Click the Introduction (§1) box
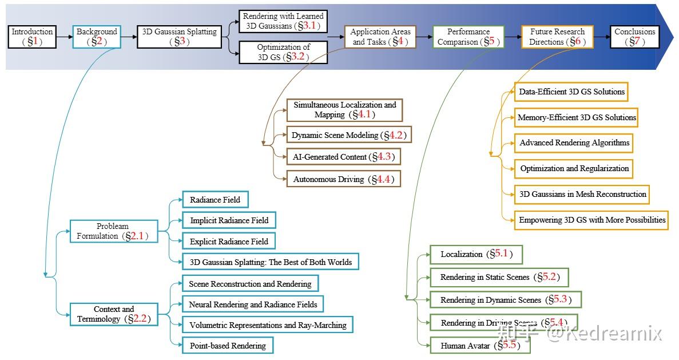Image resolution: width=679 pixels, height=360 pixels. pyautogui.click(x=33, y=37)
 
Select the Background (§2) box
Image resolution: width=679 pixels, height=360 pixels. pyautogui.click(x=97, y=37)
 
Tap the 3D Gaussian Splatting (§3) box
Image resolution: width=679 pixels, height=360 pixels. pyautogui.click(x=179, y=37)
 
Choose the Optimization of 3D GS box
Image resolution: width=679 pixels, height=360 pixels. pyautogui.click(x=283, y=52)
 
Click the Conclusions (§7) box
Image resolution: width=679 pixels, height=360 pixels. pyautogui.click(x=634, y=37)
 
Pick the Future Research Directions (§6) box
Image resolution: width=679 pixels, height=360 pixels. pyautogui.click(x=557, y=37)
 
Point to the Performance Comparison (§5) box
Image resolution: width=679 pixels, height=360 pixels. pyautogui.click(x=468, y=37)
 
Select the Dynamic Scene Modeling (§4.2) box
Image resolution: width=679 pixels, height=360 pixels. pyautogui.click(x=349, y=136)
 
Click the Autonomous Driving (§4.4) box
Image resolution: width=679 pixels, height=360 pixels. pyautogui.click(x=343, y=179)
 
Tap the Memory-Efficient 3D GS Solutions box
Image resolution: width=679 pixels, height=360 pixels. pyautogui.click(x=576, y=117)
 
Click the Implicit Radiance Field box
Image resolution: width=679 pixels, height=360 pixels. pyautogui.click(x=229, y=220)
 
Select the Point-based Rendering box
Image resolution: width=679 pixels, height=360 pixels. pyautogui.click(x=227, y=345)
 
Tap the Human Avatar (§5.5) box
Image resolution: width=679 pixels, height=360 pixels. pyautogui.click(x=480, y=346)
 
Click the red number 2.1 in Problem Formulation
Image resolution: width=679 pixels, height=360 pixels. pyautogui.click(x=137, y=236)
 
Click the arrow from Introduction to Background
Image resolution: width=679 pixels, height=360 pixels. pyautogui.click(x=65, y=37)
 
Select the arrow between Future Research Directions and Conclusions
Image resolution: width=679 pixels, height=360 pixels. pyautogui.click(x=602, y=37)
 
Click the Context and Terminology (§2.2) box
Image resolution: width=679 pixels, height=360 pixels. pyautogui.click(x=113, y=314)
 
